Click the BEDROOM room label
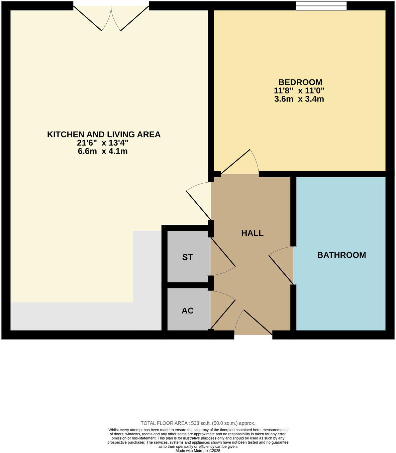(x=300, y=82)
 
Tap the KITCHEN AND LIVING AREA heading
(x=104, y=135)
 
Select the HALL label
(x=252, y=233)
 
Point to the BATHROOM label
(x=341, y=255)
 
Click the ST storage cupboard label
(x=187, y=257)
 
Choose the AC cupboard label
(x=187, y=311)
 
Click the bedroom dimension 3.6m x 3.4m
(x=299, y=99)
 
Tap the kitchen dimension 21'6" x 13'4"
(x=103, y=143)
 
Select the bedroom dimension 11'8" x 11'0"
(x=299, y=90)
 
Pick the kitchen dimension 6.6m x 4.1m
(x=103, y=151)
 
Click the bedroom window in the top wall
(x=321, y=6)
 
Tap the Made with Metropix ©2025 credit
(x=198, y=451)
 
